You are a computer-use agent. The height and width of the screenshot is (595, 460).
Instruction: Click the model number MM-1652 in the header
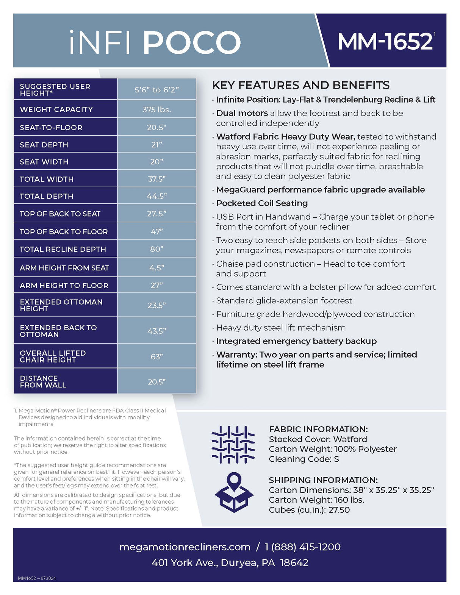pyautogui.click(x=385, y=41)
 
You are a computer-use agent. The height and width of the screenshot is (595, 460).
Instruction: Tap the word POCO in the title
pyautogui.click(x=191, y=42)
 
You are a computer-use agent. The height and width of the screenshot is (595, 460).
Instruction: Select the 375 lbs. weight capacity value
pyautogui.click(x=156, y=109)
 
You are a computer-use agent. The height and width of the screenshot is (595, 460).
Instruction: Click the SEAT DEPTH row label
pyautogui.click(x=44, y=145)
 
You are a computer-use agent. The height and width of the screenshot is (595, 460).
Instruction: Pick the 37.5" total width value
pyautogui.click(x=156, y=179)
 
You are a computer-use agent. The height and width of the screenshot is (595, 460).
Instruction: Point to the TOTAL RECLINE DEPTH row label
pyautogui.click(x=63, y=249)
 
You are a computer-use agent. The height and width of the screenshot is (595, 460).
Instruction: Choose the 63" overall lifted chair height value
pyautogui.click(x=156, y=356)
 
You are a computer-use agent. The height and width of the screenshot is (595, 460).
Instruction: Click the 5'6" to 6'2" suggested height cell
pyautogui.click(x=156, y=90)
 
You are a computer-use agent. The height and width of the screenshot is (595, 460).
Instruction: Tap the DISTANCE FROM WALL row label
pyautogui.click(x=43, y=381)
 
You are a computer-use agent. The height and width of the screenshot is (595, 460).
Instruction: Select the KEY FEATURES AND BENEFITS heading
pyautogui.click(x=301, y=85)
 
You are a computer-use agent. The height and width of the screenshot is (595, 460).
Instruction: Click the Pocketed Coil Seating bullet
pyautogui.click(x=262, y=203)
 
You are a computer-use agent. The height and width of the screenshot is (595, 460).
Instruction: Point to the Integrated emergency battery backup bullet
pyautogui.click(x=296, y=341)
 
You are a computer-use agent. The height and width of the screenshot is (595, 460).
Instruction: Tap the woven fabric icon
pyautogui.click(x=233, y=445)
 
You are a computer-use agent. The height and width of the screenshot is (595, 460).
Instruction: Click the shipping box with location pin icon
pyautogui.click(x=234, y=492)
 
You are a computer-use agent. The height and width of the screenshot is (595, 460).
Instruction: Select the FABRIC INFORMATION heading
pyautogui.click(x=318, y=429)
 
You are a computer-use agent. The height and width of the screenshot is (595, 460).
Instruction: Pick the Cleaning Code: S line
pyautogui.click(x=304, y=459)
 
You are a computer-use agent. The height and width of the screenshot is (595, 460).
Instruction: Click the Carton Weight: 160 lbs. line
pyautogui.click(x=316, y=500)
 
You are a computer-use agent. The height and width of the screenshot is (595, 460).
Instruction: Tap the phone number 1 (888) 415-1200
pyautogui.click(x=302, y=547)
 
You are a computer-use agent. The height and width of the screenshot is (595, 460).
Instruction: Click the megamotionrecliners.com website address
pyautogui.click(x=185, y=547)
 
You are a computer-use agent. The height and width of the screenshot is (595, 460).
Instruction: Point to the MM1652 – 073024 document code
pyautogui.click(x=37, y=578)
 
